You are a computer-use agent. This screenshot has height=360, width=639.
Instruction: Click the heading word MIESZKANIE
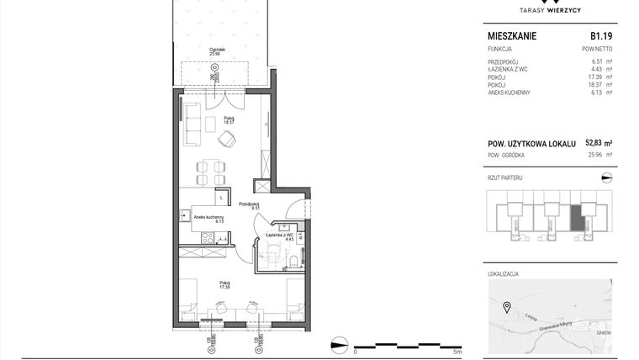(512, 36)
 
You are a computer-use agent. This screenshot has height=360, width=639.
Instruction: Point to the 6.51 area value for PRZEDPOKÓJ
(598, 61)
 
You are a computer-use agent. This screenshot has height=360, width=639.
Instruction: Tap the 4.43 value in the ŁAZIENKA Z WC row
(598, 70)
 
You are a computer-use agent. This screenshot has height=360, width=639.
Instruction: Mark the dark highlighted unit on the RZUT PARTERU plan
(576, 218)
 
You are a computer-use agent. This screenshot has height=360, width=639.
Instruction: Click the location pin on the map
(507, 306)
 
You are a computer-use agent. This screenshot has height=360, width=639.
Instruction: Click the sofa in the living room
(192, 123)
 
